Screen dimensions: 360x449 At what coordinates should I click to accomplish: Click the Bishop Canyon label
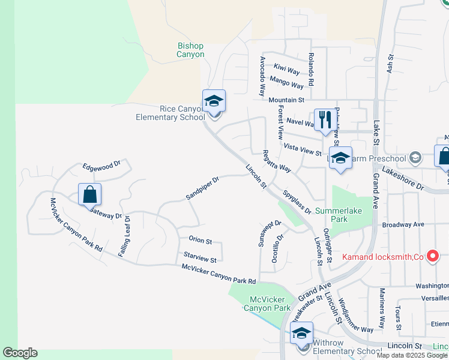(x=190, y=50)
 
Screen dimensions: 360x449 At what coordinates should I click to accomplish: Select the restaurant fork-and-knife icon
(x=323, y=119)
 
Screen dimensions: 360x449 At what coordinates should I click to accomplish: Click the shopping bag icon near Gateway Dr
(x=89, y=194)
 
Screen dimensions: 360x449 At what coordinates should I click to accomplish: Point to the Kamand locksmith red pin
(x=432, y=256)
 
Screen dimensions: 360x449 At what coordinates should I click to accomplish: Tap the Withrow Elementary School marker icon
(x=301, y=332)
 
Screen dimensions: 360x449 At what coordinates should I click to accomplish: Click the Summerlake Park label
(x=340, y=215)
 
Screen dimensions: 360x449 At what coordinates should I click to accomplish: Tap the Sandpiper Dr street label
(x=202, y=188)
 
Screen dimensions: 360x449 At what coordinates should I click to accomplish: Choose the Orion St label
(x=200, y=241)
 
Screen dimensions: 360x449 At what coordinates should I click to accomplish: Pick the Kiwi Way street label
(x=286, y=70)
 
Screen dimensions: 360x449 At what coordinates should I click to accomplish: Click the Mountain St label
(x=287, y=100)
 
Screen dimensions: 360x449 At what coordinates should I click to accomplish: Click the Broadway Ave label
(x=403, y=224)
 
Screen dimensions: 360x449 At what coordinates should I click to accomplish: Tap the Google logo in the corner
(x=20, y=353)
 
